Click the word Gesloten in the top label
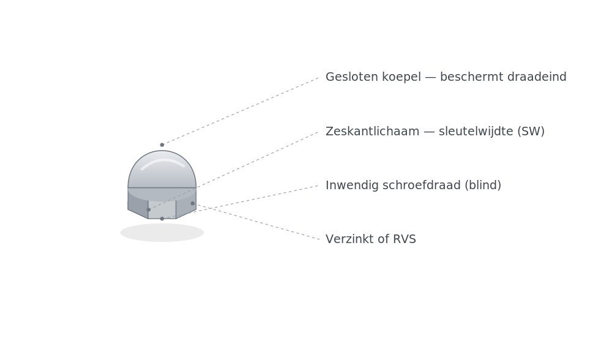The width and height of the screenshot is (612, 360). tap(352, 77)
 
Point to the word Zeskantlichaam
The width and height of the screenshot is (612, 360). tap(372, 131)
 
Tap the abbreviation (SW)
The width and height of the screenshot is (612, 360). tap(531, 132)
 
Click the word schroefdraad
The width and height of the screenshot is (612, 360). tap(422, 185)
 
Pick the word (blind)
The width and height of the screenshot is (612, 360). tap(483, 186)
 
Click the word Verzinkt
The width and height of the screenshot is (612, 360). tap(351, 239)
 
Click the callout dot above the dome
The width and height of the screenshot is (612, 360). tap(162, 145)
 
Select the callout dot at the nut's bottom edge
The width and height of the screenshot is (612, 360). tap(162, 219)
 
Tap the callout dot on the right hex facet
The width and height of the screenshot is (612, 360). tap(192, 203)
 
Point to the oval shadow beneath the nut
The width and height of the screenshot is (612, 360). tap(162, 233)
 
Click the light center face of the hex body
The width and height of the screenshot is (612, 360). tap(162, 209)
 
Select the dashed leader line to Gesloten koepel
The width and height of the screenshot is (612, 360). tap(241, 111)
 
